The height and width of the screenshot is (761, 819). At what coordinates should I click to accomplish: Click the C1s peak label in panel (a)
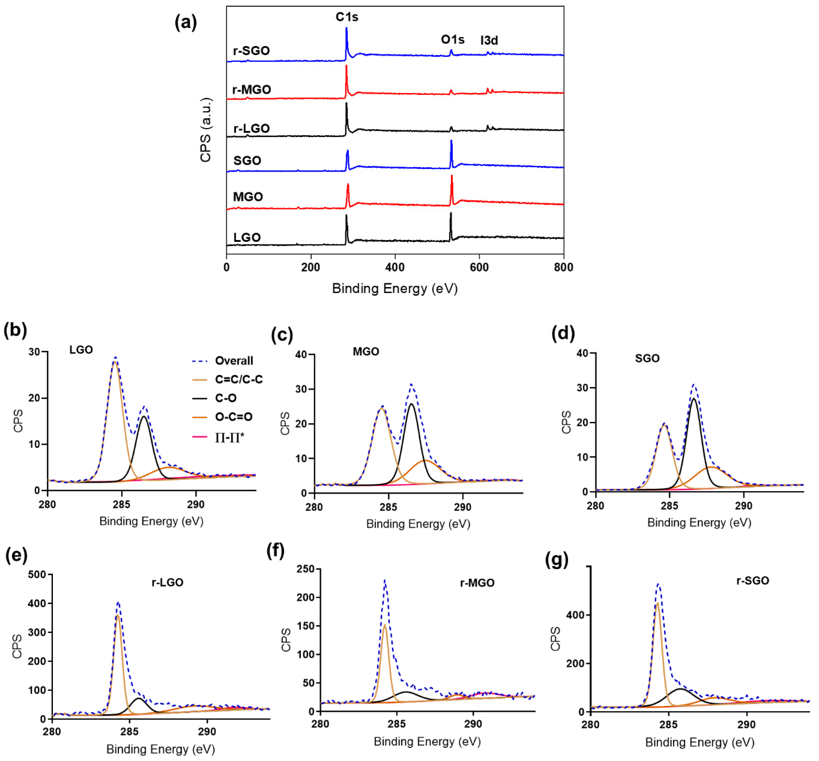pos(346,17)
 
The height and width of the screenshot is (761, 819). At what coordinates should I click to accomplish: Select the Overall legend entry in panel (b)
pos(234,361)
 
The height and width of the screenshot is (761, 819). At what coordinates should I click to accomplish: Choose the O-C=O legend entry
pos(234,417)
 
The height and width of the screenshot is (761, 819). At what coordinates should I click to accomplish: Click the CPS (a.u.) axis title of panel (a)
pos(206,130)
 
